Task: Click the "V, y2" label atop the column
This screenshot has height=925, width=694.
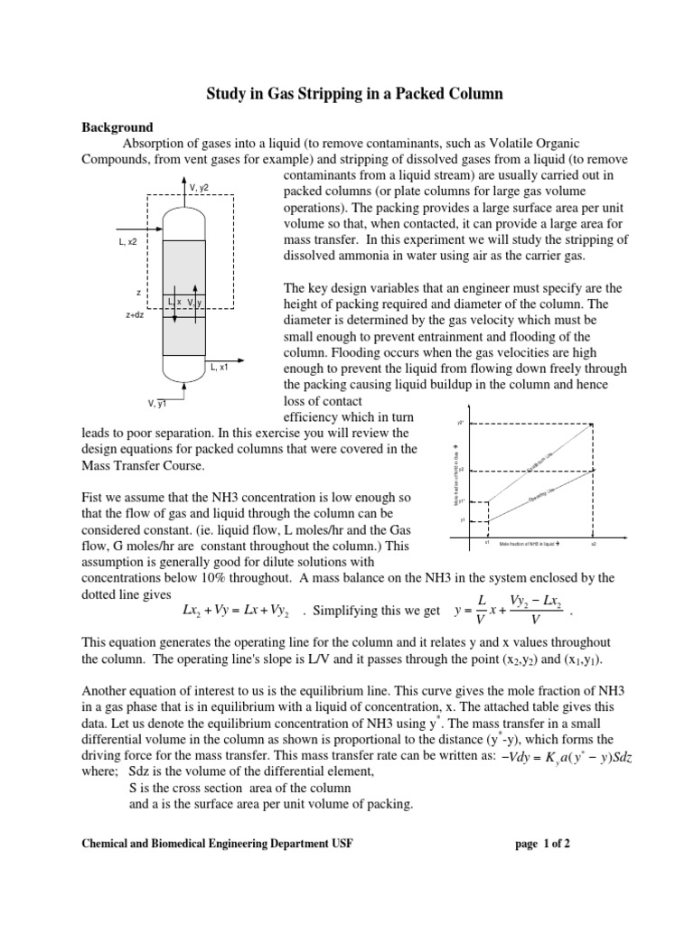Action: [x=199, y=187]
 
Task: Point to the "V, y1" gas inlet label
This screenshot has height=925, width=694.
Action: [x=157, y=403]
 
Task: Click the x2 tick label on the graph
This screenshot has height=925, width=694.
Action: [x=593, y=544]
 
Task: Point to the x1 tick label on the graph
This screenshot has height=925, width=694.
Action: [x=487, y=544]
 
